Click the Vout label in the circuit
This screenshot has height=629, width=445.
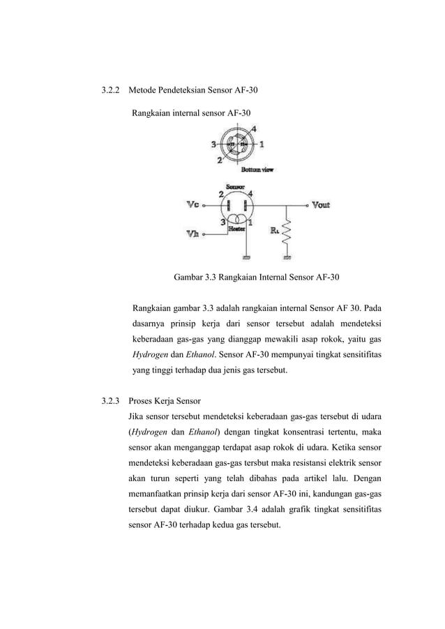click(321, 205)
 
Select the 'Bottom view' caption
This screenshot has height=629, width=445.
click(257, 169)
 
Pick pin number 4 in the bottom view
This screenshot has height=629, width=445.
click(253, 129)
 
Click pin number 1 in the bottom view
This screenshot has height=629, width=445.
click(262, 145)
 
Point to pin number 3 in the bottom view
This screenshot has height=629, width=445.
click(213, 145)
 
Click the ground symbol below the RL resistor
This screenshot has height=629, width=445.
click(287, 256)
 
